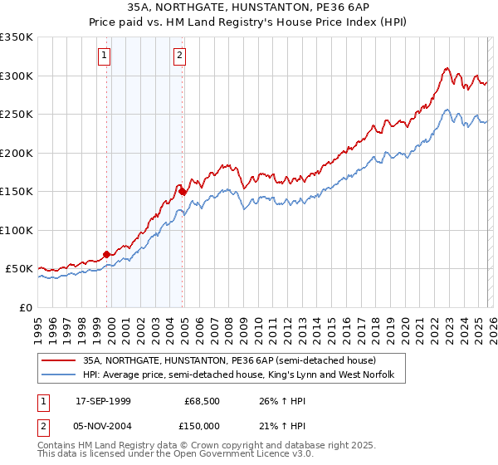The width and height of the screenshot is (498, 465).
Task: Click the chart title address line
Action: coord(249,7)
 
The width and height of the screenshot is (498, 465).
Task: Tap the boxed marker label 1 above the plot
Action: coord(105,56)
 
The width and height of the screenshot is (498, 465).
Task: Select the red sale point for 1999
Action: coord(107,254)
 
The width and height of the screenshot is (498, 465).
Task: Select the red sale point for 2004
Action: coord(183,191)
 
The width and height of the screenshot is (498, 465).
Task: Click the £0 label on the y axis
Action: coord(27,307)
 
